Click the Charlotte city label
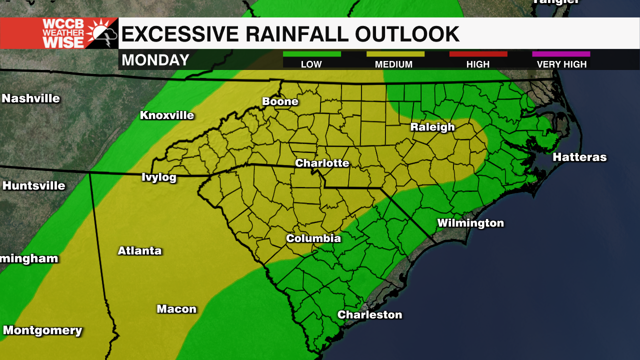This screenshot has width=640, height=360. [322, 163]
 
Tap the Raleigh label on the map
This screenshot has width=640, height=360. [432, 127]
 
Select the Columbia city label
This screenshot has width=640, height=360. [313, 238]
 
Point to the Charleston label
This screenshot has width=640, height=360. [369, 314]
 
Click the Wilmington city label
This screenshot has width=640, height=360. [470, 223]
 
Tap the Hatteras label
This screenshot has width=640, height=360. [579, 157]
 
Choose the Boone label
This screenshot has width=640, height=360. [280, 101]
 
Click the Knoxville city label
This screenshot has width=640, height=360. [167, 115]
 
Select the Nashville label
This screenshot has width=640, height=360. [30, 98]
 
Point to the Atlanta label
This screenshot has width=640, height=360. [139, 251]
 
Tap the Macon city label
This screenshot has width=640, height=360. [176, 309]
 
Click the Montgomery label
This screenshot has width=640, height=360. [42, 330]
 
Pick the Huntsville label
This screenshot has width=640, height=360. [34, 186]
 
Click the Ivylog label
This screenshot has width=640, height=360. [159, 177]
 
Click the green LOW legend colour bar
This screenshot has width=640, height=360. [312, 54]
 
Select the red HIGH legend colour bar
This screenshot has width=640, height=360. [478, 54]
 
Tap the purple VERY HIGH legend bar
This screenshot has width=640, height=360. [561, 54]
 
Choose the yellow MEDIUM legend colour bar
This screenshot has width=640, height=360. [395, 54]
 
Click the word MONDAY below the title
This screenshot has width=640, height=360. [155, 60]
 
